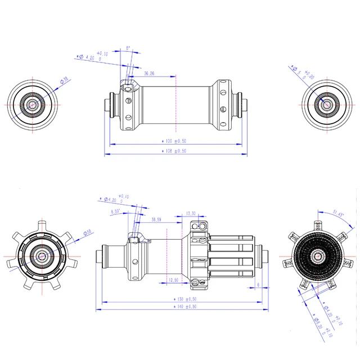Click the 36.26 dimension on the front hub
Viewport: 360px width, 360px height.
(x=149, y=74)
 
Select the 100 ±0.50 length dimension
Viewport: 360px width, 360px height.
(x=174, y=141)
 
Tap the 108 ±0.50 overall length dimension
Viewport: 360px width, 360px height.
(x=174, y=151)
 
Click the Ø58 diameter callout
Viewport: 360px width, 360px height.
(x=88, y=232)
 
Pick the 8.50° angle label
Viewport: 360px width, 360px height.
(x=116, y=211)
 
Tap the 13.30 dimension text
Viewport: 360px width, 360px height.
(x=190, y=213)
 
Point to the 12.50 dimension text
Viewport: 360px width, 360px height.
(x=173, y=280)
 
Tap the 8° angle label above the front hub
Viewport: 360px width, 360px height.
(x=128, y=49)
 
